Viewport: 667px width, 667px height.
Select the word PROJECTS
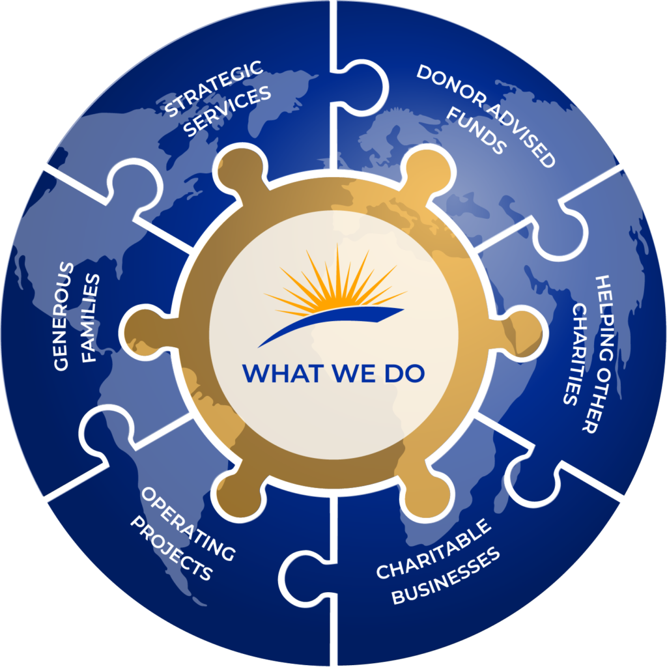[171, 548]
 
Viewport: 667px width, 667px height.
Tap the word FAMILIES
[92, 319]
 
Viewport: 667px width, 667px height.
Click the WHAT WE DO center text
[333, 373]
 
